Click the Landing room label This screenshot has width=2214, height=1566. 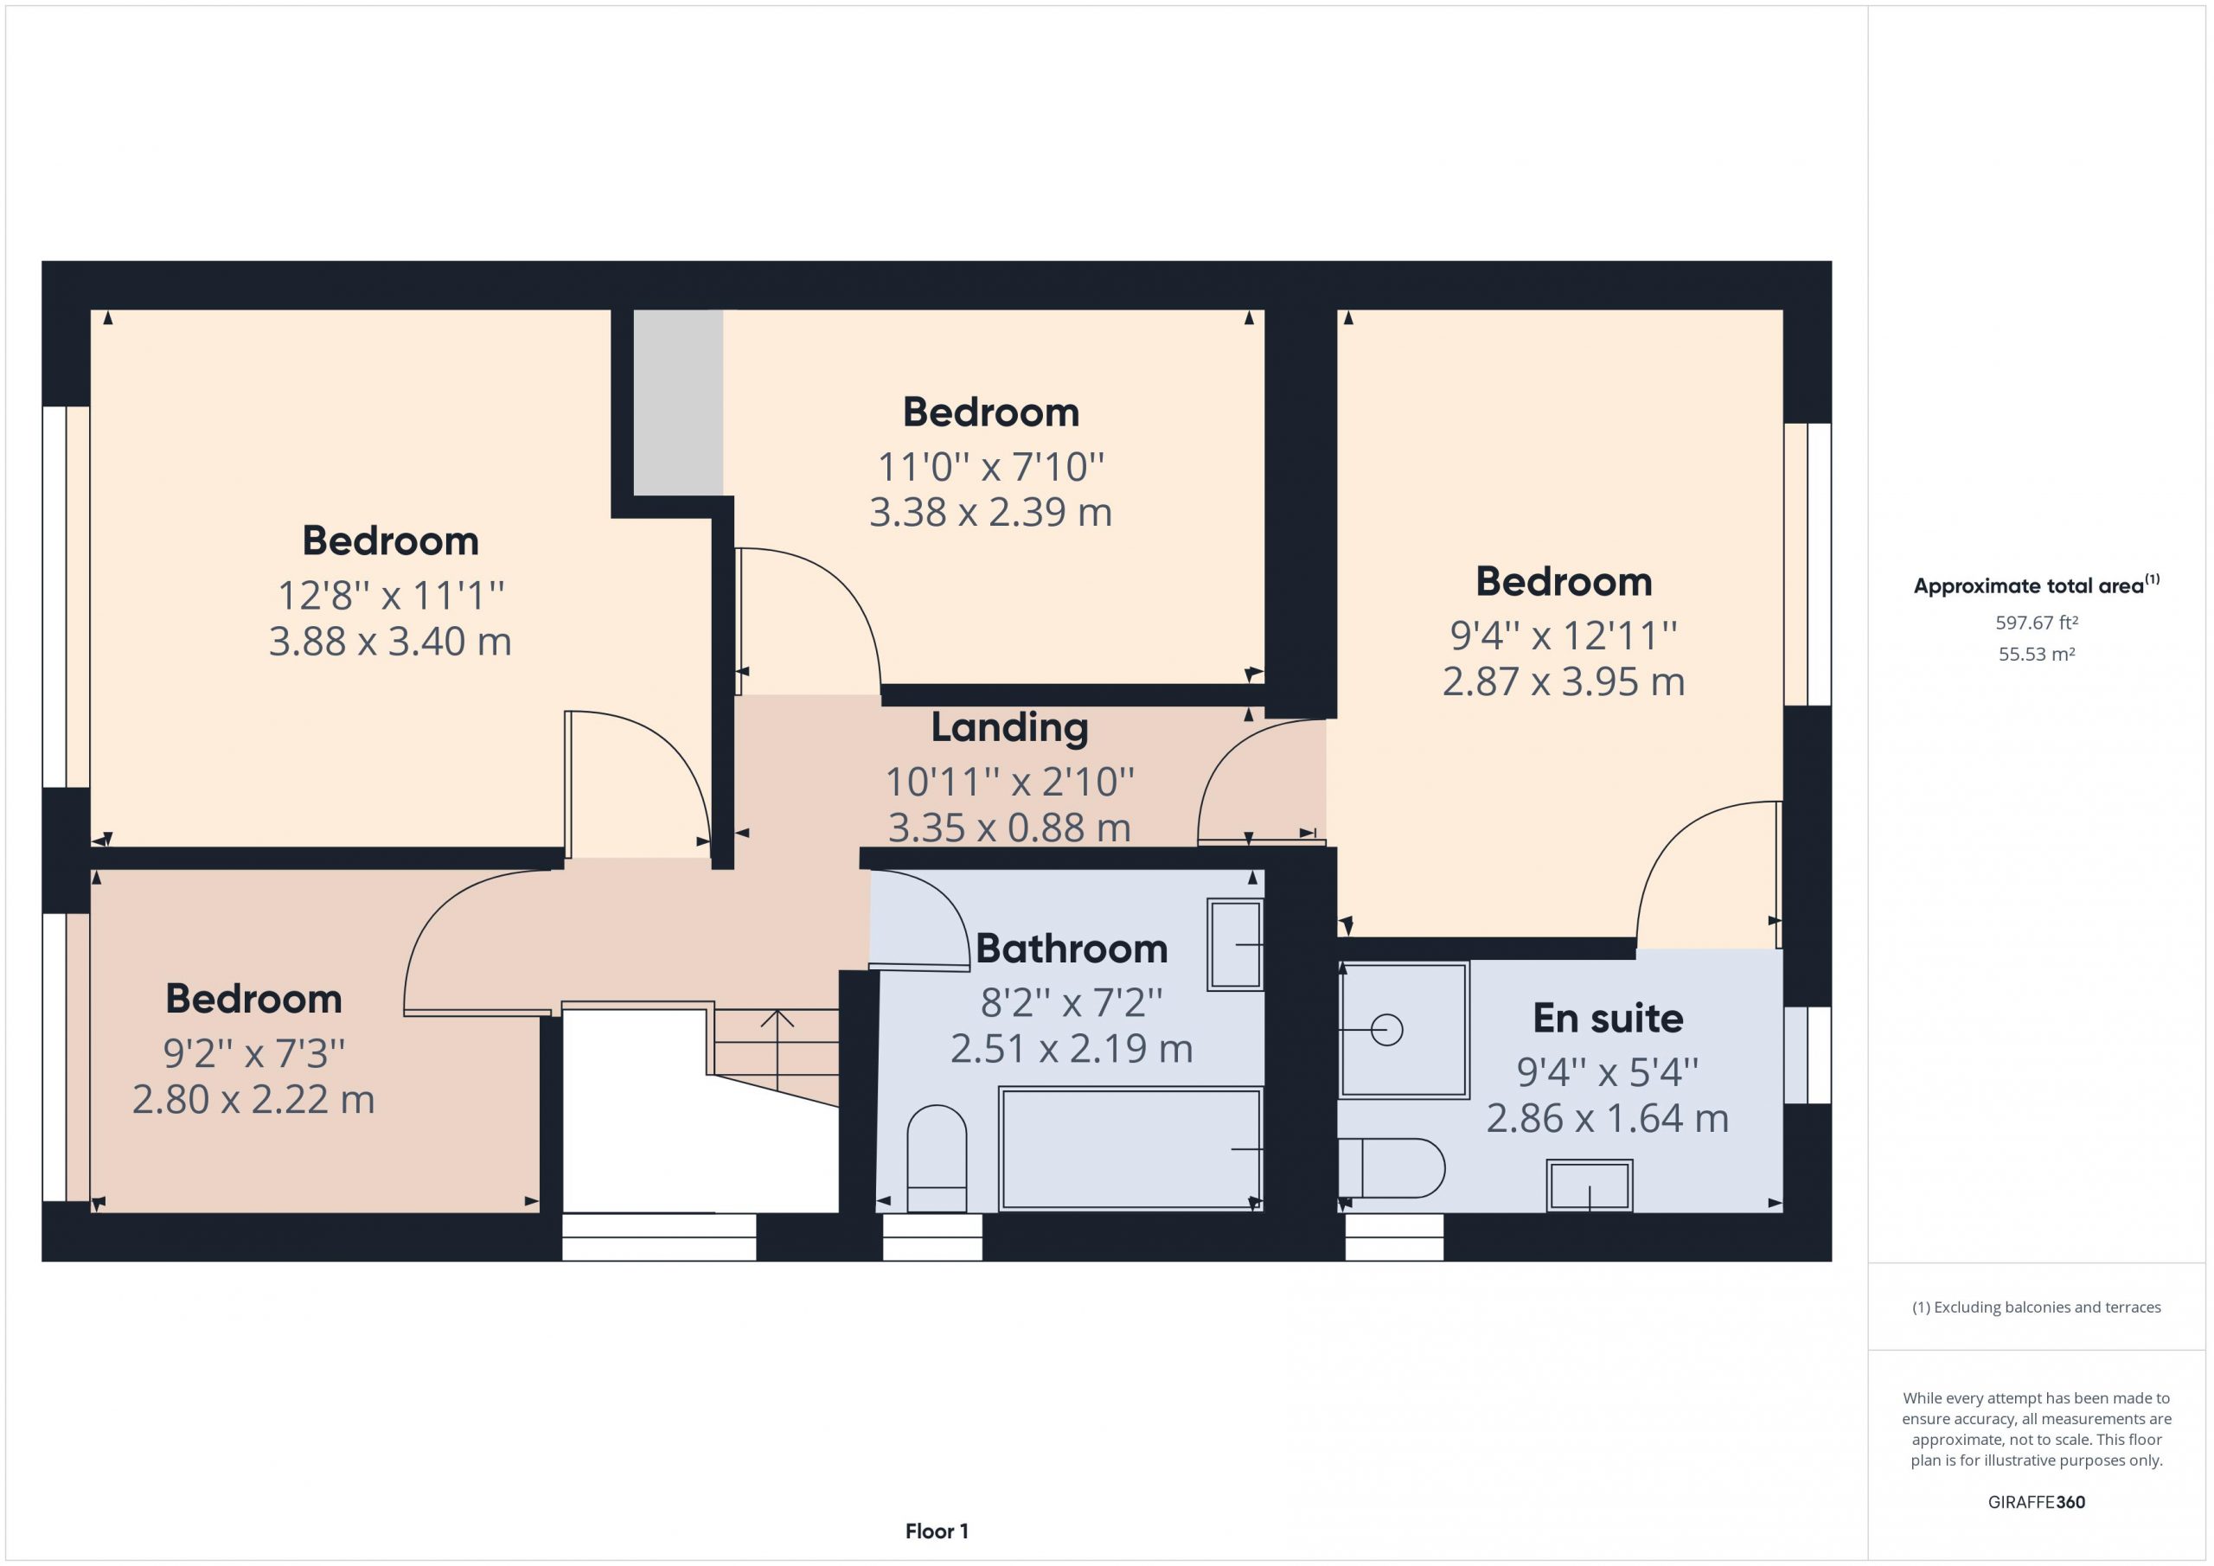(1008, 728)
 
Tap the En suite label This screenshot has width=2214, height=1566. (1608, 1019)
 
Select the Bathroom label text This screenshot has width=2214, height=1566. (1072, 949)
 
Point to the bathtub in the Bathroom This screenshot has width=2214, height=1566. (1130, 1147)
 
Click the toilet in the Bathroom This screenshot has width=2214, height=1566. (937, 1157)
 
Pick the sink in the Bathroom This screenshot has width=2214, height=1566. (1235, 945)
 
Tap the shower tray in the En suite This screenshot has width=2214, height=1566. (1404, 1030)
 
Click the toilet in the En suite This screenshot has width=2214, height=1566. (1391, 1167)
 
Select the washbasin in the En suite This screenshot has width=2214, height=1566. (1589, 1186)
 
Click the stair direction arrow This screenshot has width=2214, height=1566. (777, 1049)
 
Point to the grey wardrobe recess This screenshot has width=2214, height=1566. (678, 402)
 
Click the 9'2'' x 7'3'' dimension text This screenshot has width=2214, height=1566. (253, 1053)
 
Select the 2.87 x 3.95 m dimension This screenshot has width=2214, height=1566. (1563, 681)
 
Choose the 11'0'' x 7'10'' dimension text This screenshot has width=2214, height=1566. (990, 468)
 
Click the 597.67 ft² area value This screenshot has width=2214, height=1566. (2037, 623)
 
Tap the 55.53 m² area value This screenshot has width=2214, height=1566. (2037, 654)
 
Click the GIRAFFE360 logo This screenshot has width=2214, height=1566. (2037, 1502)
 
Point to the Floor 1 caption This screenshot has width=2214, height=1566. (937, 1531)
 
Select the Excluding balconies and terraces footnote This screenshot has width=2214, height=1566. (2037, 1307)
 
